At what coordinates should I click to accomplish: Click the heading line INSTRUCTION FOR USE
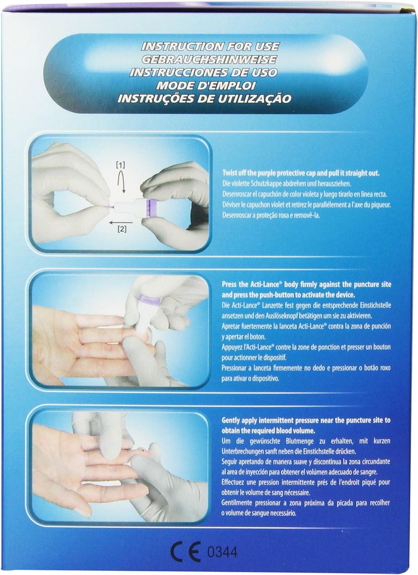pyautogui.click(x=210, y=47)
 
